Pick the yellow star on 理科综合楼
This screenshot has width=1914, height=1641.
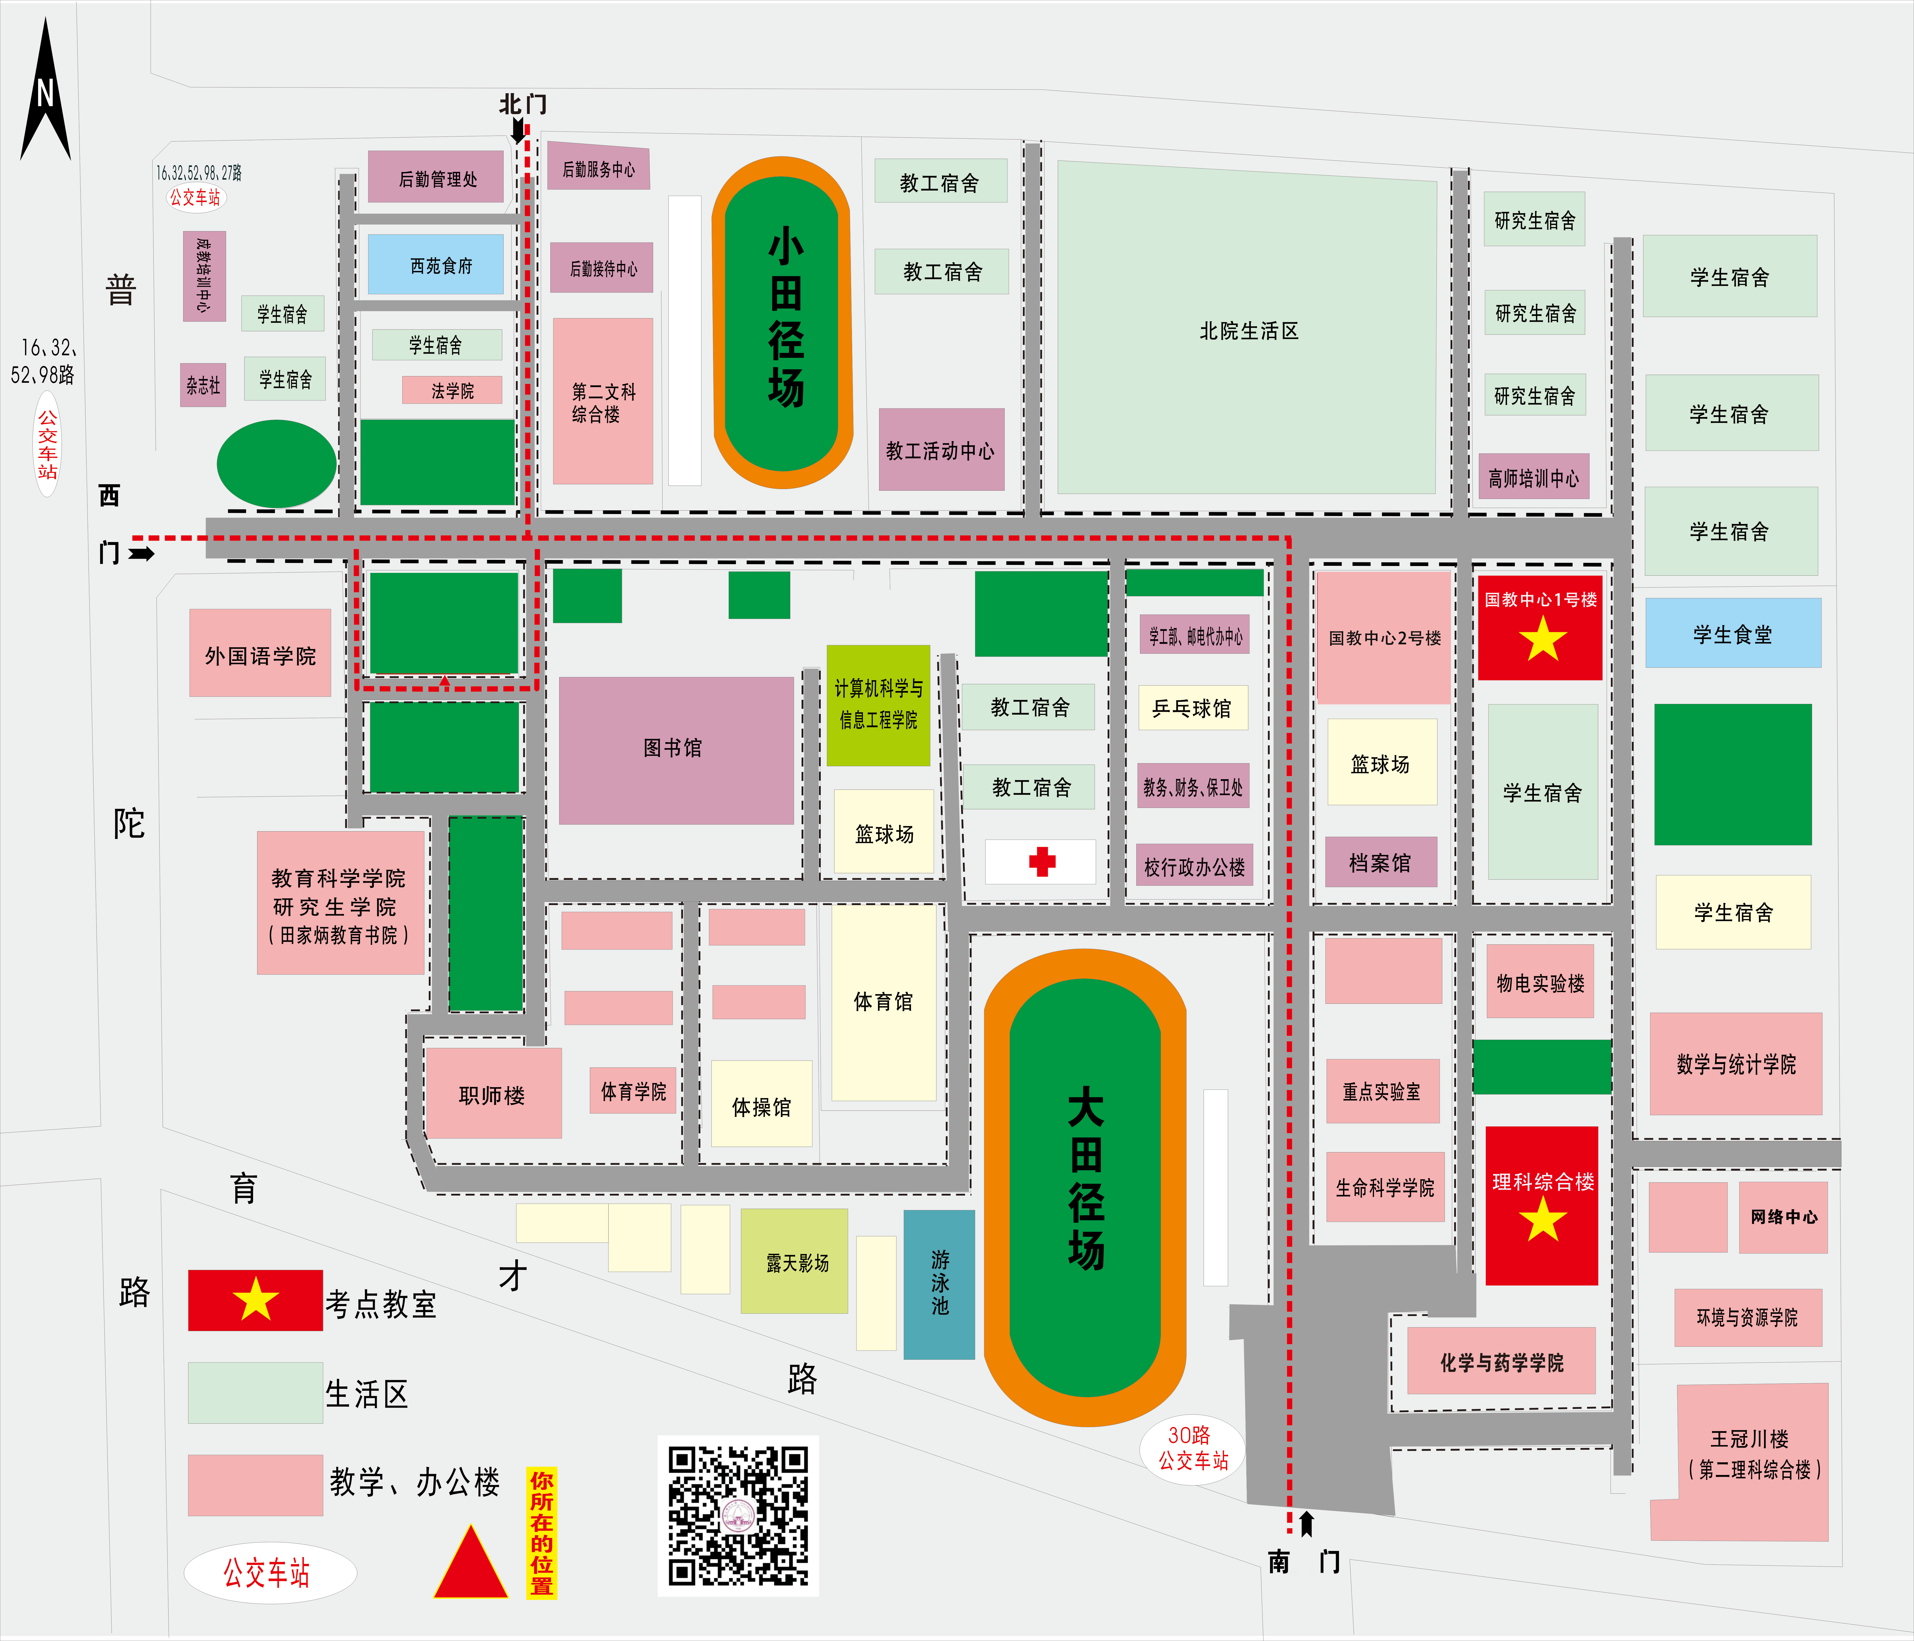pos(1543,1220)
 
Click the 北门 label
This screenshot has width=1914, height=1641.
pos(522,104)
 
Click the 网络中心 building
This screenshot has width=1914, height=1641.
pos(1783,1217)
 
